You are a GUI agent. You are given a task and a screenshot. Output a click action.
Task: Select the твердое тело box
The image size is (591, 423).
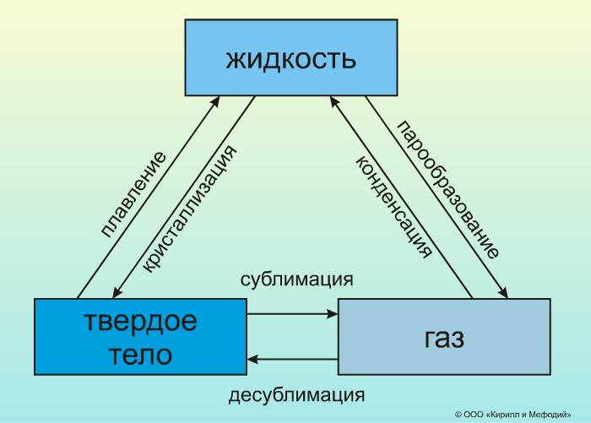[140, 337]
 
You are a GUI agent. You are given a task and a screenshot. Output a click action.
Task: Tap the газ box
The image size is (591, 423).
[444, 337]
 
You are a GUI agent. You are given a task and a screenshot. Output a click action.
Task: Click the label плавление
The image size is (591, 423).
[133, 194]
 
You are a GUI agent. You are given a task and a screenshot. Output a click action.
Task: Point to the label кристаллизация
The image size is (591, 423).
[188, 207]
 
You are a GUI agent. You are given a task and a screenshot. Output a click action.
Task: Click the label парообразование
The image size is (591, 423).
[448, 190]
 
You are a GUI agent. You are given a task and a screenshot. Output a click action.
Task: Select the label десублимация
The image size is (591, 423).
[296, 394]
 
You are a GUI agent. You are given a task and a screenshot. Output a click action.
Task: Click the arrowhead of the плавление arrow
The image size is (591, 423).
[216, 100]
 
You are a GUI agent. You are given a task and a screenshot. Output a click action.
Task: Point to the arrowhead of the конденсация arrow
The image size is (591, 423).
[333, 100]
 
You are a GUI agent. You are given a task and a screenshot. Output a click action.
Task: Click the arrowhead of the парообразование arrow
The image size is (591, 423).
[504, 293]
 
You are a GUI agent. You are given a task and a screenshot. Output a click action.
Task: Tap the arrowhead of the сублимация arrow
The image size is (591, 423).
[333, 314]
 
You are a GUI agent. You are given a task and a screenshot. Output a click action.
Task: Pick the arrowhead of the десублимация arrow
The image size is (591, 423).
[252, 360]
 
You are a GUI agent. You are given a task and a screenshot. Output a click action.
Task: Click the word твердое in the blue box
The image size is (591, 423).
[140, 322]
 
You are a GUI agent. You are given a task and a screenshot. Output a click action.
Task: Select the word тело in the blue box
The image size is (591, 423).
[140, 354]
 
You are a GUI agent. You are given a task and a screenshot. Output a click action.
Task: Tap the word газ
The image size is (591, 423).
[444, 338]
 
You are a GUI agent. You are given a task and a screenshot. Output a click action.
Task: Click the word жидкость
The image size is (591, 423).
[291, 60]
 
